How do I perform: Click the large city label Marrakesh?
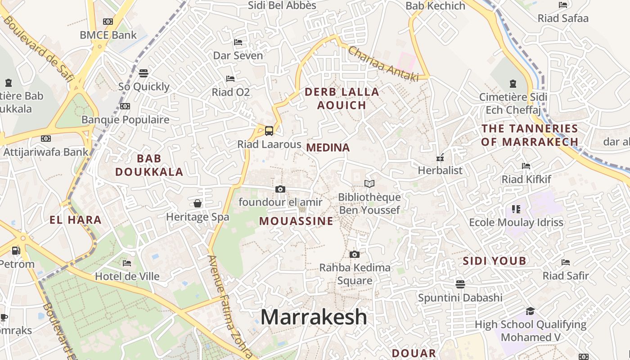tap(314, 317)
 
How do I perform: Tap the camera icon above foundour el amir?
tap(280, 189)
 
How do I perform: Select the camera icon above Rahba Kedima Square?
tap(355, 255)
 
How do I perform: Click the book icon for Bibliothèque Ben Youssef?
tap(369, 184)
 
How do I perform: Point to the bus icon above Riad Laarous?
tap(269, 131)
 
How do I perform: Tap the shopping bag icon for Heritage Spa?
tap(198, 203)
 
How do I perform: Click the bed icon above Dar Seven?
tap(238, 42)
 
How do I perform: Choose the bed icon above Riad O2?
tap(230, 79)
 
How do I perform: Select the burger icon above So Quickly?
tap(144, 73)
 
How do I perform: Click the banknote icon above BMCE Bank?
tap(108, 22)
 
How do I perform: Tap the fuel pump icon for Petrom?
tap(16, 250)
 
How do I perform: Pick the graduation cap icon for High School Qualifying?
tap(531, 311)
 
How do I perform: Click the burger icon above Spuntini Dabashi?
tap(460, 284)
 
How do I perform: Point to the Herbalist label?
tap(440, 170)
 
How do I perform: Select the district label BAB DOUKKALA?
tap(149, 165)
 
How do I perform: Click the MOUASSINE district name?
tap(296, 221)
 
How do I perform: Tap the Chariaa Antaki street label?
tap(383, 64)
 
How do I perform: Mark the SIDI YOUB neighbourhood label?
tap(495, 261)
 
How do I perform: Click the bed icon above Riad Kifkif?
tap(526, 166)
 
